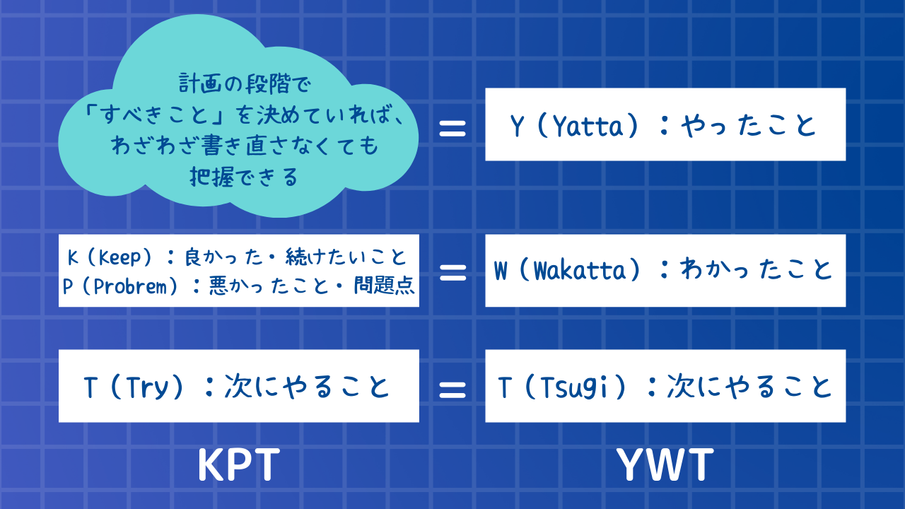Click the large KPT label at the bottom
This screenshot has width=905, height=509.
pos(238,466)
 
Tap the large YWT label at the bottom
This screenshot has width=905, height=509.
pos(665,466)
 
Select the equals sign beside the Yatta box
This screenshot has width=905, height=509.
pos(452,128)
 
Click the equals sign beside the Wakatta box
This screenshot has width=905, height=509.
pos(452,272)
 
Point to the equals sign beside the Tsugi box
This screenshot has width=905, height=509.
pos(452,387)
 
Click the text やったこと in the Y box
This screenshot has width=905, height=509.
pos(749,126)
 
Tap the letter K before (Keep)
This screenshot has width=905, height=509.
pos(72,256)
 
